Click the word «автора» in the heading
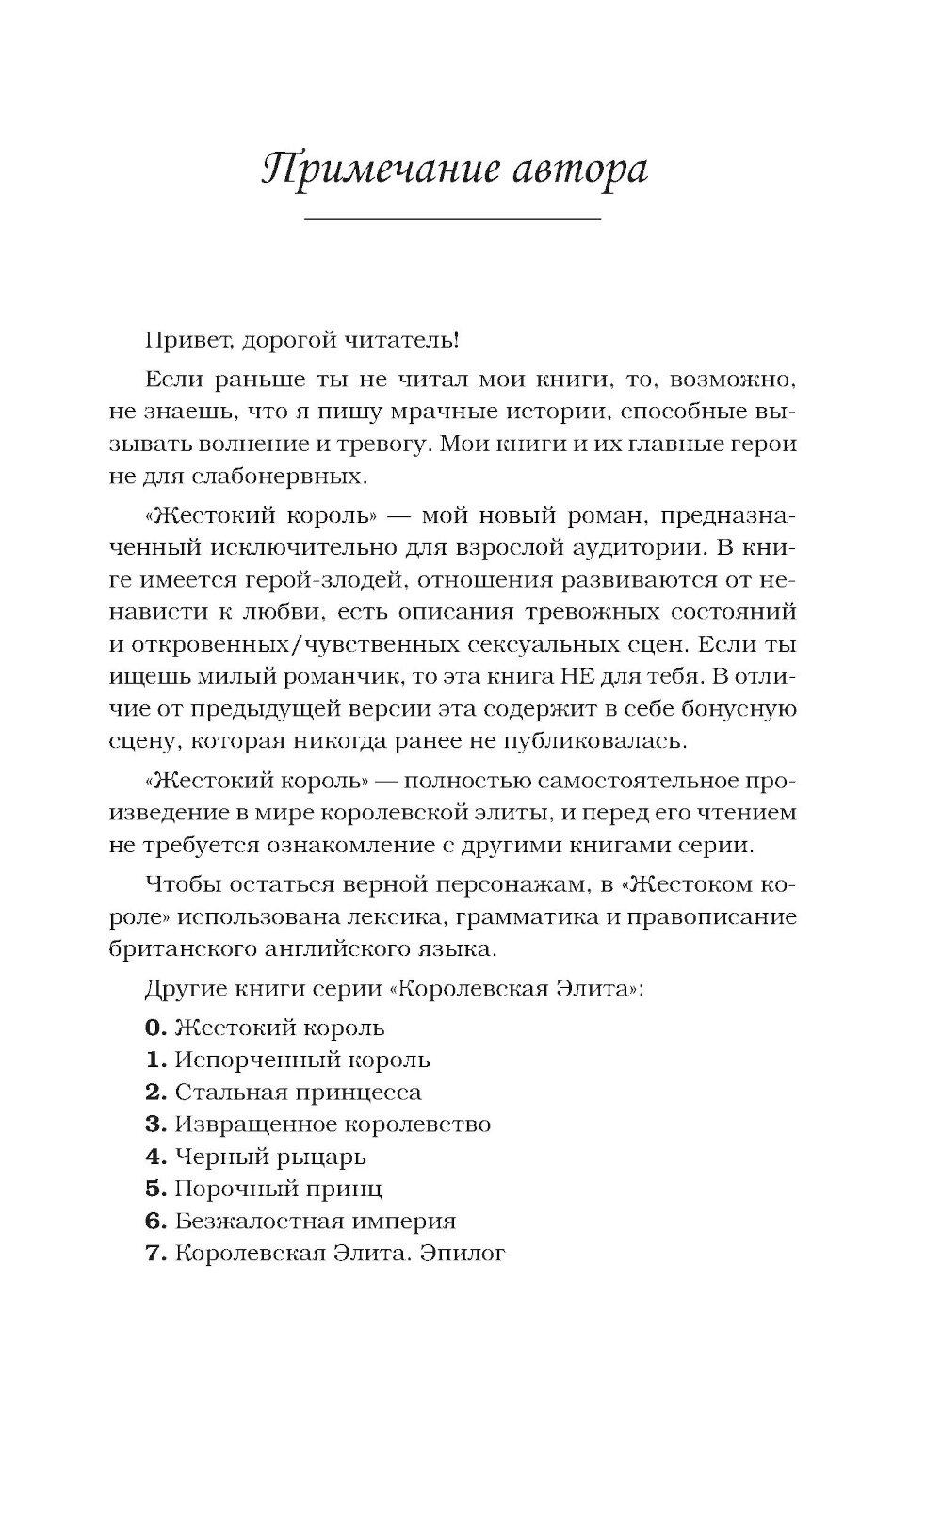(568, 171)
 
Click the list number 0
(155, 1028)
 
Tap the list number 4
(155, 1156)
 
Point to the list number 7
(155, 1253)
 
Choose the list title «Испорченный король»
(302, 1060)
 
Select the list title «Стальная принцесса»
(298, 1093)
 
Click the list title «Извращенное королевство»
(333, 1125)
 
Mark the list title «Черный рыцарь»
(270, 1157)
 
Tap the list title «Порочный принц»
(278, 1189)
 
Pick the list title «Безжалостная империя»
(315, 1221)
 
